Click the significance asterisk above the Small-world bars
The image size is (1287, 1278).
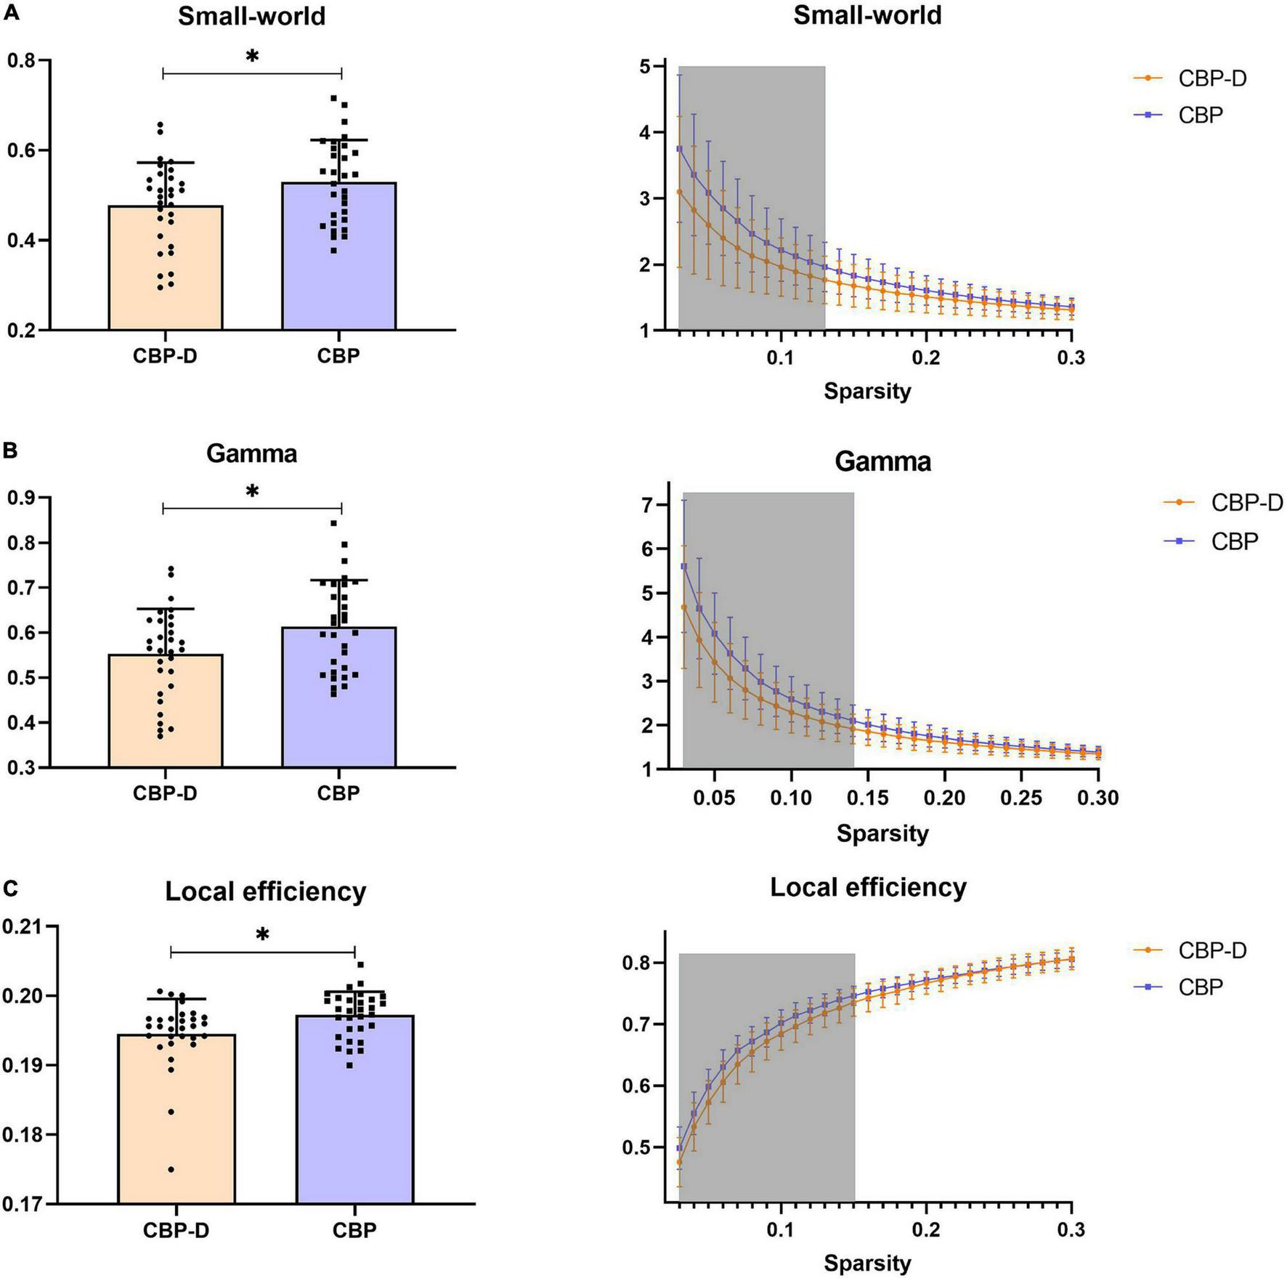pyautogui.click(x=252, y=57)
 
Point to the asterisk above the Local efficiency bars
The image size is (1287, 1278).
pyautogui.click(x=262, y=935)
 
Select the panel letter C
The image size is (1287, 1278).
pyautogui.click(x=9, y=888)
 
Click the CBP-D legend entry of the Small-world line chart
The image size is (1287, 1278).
pyautogui.click(x=1211, y=78)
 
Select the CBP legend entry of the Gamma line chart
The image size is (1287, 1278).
pyautogui.click(x=1234, y=541)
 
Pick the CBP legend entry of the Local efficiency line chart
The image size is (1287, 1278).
pyautogui.click(x=1201, y=987)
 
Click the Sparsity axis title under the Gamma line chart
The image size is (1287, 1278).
pyautogui.click(x=882, y=833)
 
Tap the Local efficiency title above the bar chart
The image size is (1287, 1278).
pyautogui.click(x=265, y=891)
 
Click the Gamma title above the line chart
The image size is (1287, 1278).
pyautogui.click(x=882, y=461)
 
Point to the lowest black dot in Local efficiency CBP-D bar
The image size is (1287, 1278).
pyautogui.click(x=171, y=1170)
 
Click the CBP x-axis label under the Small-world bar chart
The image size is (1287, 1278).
pyautogui.click(x=338, y=356)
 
